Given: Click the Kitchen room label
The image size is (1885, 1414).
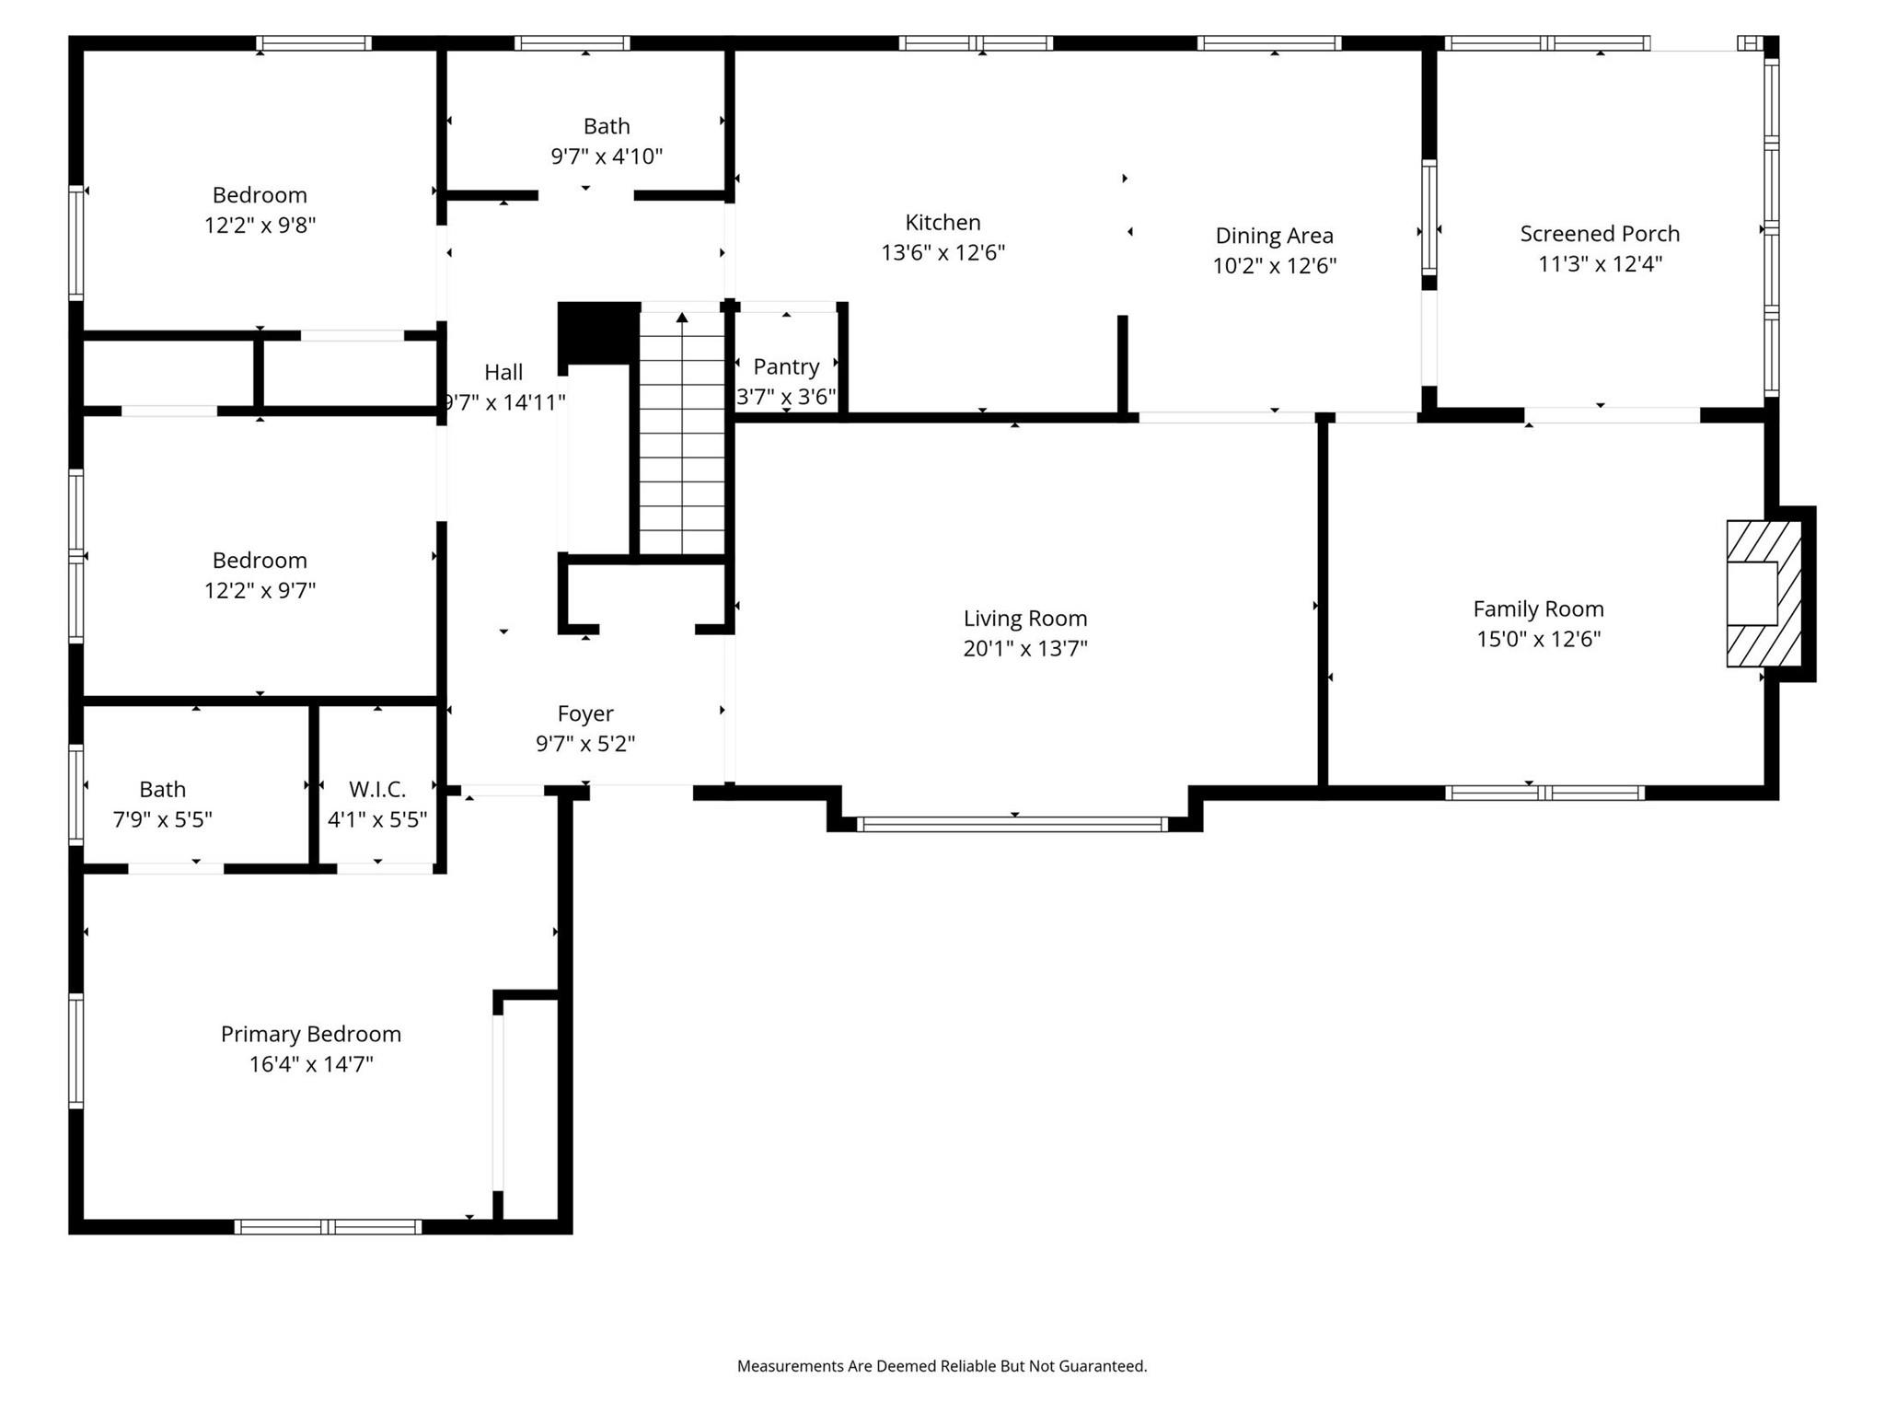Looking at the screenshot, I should point(942,222).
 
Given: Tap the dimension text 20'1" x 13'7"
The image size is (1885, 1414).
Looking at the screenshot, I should point(1024,648).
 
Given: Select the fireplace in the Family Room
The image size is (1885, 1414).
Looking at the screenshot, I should point(1763,594).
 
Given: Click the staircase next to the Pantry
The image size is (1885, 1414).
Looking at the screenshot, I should point(682,433).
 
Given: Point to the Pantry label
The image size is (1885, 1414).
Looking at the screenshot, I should point(786,366).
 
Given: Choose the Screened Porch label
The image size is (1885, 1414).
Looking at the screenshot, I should point(1600,234).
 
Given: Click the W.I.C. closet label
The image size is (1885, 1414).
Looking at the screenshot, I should point(377,789).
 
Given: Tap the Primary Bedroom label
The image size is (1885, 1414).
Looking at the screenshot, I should point(311,1034).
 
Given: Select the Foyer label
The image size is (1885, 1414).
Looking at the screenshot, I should point(585,713).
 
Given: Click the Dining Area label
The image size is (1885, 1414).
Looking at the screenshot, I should point(1274,236).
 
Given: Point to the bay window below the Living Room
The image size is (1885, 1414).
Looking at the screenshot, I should point(1012,824).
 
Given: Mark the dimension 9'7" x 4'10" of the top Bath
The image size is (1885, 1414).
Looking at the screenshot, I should point(607,156).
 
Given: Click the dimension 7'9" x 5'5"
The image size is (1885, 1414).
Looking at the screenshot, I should point(163,819).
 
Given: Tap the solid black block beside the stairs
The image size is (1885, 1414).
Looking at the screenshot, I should point(599,332).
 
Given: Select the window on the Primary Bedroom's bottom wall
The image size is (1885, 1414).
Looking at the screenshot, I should point(328,1226).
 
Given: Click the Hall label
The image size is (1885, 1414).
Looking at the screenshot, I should point(503,372).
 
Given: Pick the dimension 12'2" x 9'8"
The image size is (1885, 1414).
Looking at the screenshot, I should point(260,226).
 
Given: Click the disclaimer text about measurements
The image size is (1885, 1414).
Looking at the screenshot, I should point(942,1366).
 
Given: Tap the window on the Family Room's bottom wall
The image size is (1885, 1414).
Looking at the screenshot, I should point(1544,793).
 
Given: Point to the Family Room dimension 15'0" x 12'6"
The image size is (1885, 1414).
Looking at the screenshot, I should point(1538,639).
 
